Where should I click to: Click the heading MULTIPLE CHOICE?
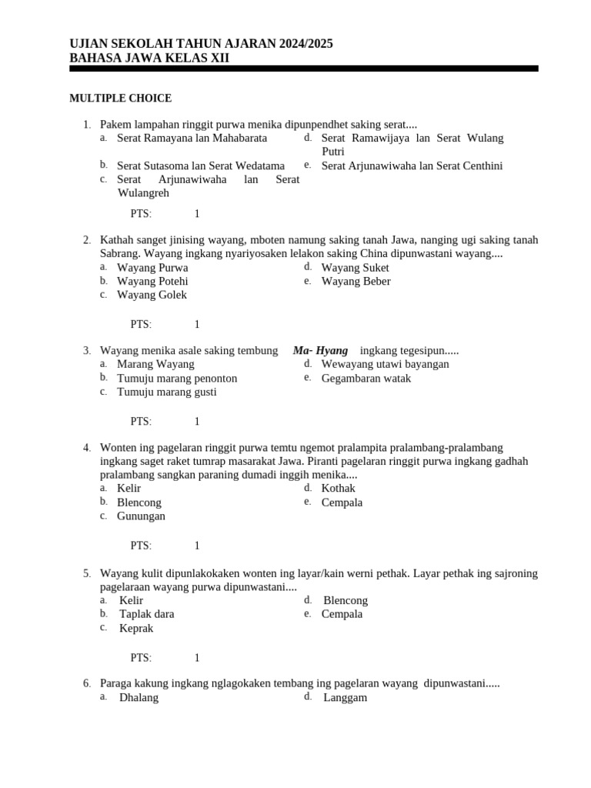pyautogui.click(x=120, y=98)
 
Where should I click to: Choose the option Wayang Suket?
pyautogui.click(x=355, y=268)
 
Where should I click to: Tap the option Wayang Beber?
pyautogui.click(x=356, y=282)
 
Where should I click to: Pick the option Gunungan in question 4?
pyautogui.click(x=141, y=516)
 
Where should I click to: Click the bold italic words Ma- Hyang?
pyautogui.click(x=320, y=350)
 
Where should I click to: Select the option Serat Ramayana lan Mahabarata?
pyautogui.click(x=192, y=139)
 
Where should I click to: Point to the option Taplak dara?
pyautogui.click(x=146, y=614)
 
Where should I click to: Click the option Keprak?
pyautogui.click(x=136, y=628)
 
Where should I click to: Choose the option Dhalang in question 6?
pyautogui.click(x=139, y=697)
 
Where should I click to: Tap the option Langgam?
pyautogui.click(x=345, y=697)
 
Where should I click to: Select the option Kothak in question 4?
pyautogui.click(x=338, y=489)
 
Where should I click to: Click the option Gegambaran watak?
pyautogui.click(x=366, y=378)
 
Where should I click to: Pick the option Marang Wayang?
pyautogui.click(x=155, y=364)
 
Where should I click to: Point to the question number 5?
pyautogui.click(x=87, y=573)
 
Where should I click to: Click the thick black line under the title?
pyautogui.click(x=303, y=68)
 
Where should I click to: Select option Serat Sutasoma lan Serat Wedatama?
pyautogui.click(x=200, y=165)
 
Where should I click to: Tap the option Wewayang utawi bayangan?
pyautogui.click(x=385, y=364)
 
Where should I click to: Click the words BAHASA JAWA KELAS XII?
pyautogui.click(x=149, y=58)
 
